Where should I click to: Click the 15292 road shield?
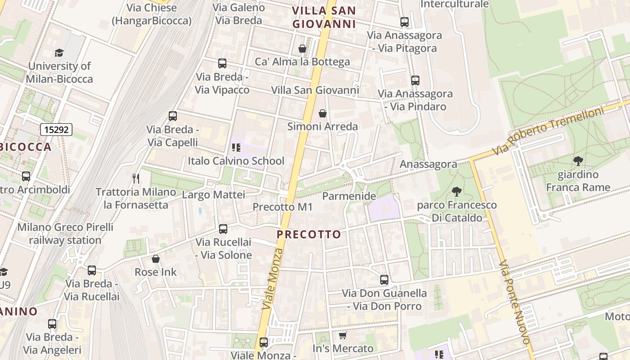point(56,130)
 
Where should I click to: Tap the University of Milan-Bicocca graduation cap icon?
point(59,53)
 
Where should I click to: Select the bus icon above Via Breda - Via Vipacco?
point(222,63)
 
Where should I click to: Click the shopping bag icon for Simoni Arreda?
point(322,113)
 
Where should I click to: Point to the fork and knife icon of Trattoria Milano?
point(136,179)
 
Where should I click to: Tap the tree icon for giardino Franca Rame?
point(578,161)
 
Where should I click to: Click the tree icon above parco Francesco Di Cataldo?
point(457,192)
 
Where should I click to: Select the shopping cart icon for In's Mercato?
point(342,336)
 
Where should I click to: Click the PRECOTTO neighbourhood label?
point(309,234)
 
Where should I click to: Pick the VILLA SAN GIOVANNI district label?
point(324,17)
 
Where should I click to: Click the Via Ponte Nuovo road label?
point(516,302)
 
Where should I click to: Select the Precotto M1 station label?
point(282,207)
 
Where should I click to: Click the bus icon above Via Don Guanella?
point(384,280)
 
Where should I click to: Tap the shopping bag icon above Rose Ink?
point(156,259)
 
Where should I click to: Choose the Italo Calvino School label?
point(236,161)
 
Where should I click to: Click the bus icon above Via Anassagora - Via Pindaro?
point(415,81)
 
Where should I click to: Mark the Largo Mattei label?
point(213,195)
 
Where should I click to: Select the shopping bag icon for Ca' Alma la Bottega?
point(302,49)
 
